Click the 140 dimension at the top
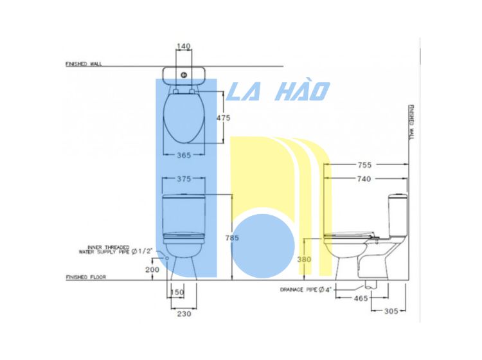pyautogui.click(x=184, y=46)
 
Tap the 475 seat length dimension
pyautogui.click(x=223, y=118)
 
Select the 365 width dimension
pyautogui.click(x=184, y=156)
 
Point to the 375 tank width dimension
pyautogui.click(x=184, y=179)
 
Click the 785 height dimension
pyautogui.click(x=232, y=238)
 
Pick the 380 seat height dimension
pyautogui.click(x=305, y=260)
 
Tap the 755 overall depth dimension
pyautogui.click(x=364, y=165)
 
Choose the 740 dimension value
pyautogui.click(x=364, y=179)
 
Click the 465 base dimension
pyautogui.click(x=361, y=298)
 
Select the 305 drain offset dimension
pyautogui.click(x=391, y=311)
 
